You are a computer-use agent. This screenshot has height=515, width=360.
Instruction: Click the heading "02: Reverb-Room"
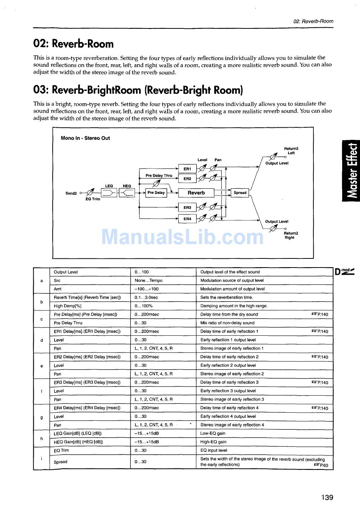tap(74, 44)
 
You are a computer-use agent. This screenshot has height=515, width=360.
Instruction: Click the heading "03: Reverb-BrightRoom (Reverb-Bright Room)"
tap(138, 90)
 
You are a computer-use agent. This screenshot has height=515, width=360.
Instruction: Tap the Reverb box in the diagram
tap(196, 193)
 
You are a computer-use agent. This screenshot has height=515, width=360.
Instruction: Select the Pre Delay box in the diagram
tap(156, 193)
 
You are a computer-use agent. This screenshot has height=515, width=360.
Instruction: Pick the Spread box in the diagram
tap(240, 193)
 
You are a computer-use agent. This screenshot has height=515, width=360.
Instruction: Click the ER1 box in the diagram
tap(187, 169)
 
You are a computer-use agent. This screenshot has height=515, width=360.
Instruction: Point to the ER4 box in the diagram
tap(187, 219)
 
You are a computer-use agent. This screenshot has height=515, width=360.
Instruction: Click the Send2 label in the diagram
tap(71, 193)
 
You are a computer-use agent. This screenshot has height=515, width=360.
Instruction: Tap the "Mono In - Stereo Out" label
tap(85, 138)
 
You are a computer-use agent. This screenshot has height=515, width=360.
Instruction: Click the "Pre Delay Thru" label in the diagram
tap(159, 175)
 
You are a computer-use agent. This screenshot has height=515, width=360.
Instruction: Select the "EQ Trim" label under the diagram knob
tap(93, 199)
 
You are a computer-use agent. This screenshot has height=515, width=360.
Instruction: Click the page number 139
tap(327, 497)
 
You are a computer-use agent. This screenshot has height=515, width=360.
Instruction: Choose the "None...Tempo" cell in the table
tap(149, 280)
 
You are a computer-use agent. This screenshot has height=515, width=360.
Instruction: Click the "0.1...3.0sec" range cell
tap(146, 297)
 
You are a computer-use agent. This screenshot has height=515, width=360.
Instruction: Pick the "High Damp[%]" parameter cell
tap(67, 306)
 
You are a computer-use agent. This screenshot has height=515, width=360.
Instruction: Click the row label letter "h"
tap(41, 438)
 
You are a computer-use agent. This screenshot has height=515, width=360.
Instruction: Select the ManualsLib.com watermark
tap(183, 237)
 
